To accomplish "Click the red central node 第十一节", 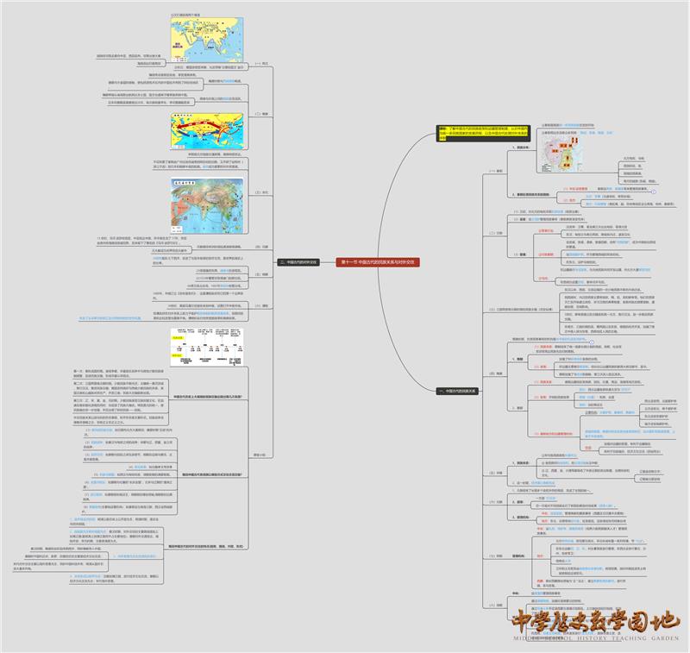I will click(x=379, y=261).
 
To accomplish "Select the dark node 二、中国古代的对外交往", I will click(x=298, y=261).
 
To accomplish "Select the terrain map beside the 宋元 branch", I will click(x=208, y=203).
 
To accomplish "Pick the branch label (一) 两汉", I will click(x=264, y=63).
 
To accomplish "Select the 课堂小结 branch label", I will click(x=260, y=454).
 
